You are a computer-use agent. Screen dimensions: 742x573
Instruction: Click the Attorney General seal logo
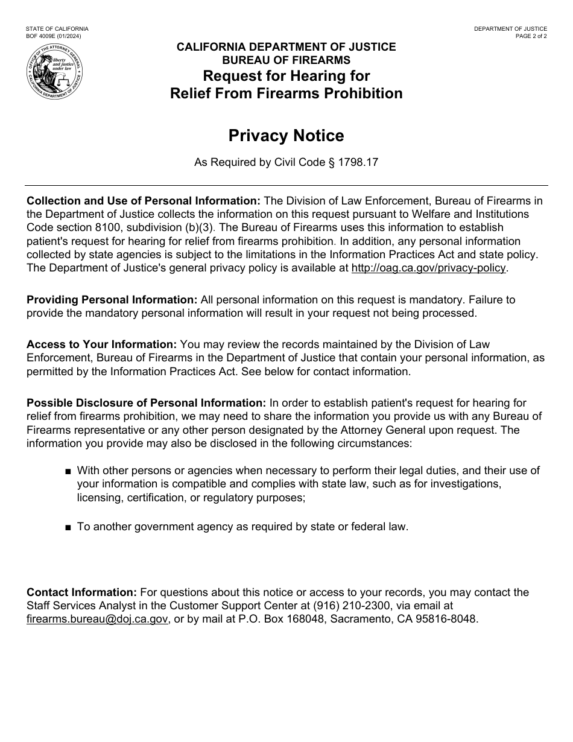coord(55,73)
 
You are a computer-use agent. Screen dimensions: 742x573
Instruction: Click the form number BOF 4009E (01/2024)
coord(54,36)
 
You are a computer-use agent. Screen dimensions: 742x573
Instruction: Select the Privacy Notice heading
coord(286,136)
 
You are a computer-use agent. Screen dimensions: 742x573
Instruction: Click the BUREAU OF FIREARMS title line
coord(286,60)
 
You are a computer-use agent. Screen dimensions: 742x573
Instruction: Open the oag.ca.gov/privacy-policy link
coord(428,268)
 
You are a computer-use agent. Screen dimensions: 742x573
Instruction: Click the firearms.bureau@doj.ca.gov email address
coord(97,619)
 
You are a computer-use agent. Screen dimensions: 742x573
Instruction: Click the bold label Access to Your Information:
coord(101,344)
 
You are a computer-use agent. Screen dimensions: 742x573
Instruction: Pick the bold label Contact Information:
coord(82,592)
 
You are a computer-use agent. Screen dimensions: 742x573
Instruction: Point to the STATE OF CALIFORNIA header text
coord(57,29)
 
